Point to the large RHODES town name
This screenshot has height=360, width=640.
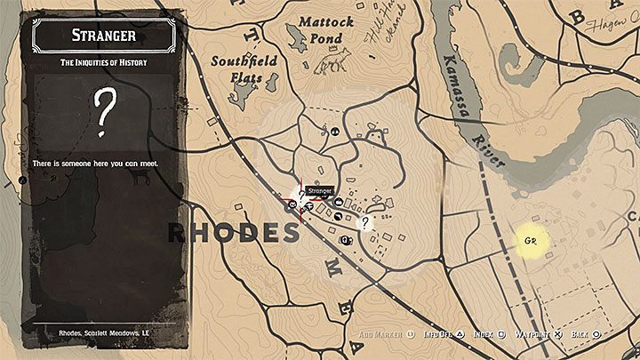(x=234, y=233)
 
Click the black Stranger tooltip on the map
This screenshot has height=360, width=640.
(x=319, y=190)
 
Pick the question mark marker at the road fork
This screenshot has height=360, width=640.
(x=364, y=223)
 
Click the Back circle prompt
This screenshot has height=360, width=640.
(x=584, y=334)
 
